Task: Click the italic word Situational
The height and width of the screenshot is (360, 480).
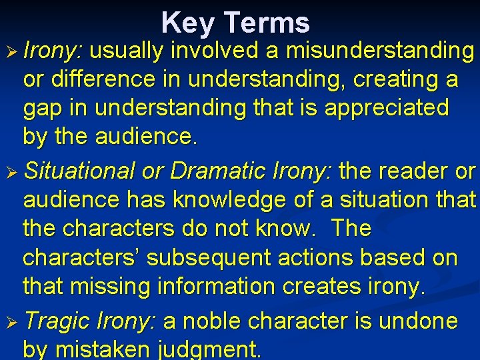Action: click(x=80, y=171)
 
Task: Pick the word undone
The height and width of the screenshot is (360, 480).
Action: click(x=419, y=321)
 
